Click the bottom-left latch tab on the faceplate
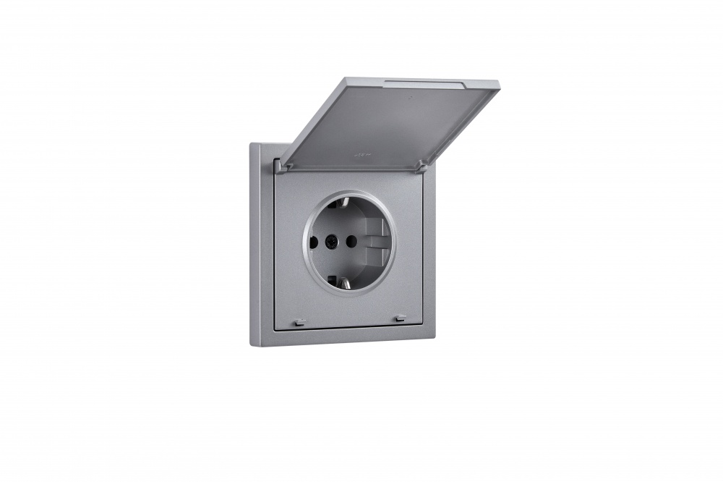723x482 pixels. [300, 321]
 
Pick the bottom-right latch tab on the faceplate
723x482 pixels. [400, 318]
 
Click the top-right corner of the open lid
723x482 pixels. [498, 84]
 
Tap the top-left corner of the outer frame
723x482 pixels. [252, 144]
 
